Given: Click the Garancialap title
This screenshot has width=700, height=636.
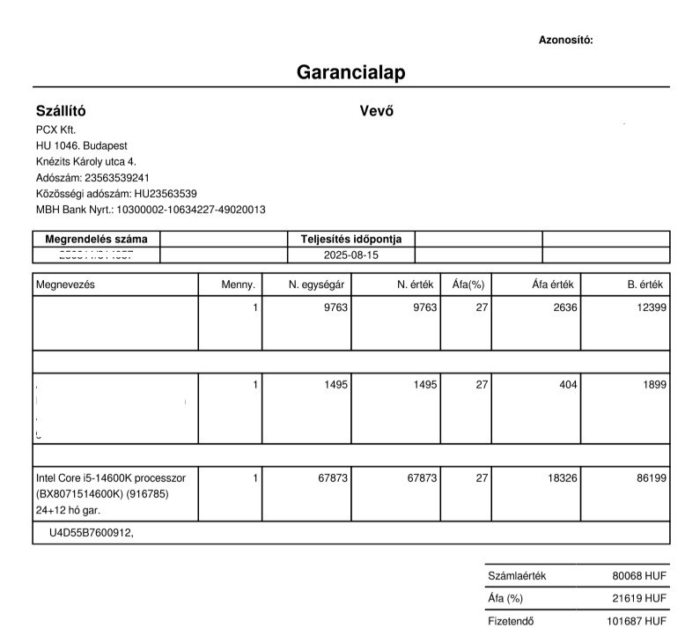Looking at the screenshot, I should [x=350, y=72].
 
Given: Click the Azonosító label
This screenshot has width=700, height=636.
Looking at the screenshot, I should [x=565, y=40].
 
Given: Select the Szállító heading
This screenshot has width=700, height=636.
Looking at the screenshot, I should [x=61, y=112].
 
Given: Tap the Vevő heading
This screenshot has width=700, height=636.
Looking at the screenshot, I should [x=376, y=112].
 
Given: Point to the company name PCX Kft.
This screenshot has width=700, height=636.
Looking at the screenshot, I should [x=56, y=129].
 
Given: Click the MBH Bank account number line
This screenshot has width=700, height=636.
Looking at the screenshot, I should [x=151, y=210].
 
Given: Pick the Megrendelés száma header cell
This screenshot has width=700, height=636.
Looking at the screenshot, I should [x=97, y=239].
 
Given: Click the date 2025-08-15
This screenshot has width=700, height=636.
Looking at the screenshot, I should [x=350, y=255].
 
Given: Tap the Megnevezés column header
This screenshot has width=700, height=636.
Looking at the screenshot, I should [x=65, y=285].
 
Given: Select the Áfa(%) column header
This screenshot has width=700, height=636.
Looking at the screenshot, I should [x=468, y=285].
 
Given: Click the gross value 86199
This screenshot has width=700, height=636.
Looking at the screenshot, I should [x=651, y=477].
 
